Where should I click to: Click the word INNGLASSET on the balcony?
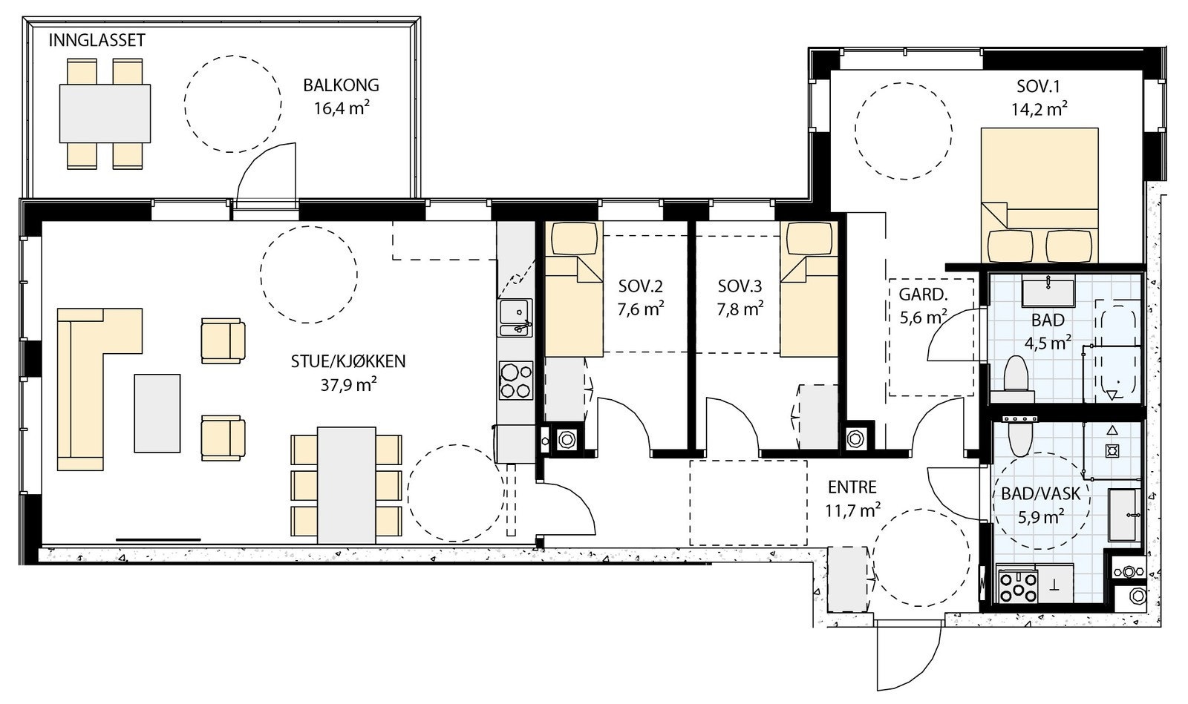pyautogui.click(x=97, y=40)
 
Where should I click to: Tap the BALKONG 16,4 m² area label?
pyautogui.click(x=341, y=96)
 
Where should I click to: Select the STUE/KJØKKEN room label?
pyautogui.click(x=348, y=361)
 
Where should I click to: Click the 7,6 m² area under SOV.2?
pyautogui.click(x=641, y=309)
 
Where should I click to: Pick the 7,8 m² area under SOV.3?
pyautogui.click(x=740, y=309)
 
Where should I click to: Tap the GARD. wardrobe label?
pyautogui.click(x=923, y=294)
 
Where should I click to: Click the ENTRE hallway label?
pyautogui.click(x=852, y=487)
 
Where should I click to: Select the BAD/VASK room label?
pyautogui.click(x=1040, y=494)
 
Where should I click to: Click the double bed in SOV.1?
pyautogui.click(x=1039, y=195)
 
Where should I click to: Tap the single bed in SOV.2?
pyautogui.click(x=574, y=289)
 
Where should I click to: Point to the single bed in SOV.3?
pyautogui.click(x=809, y=289)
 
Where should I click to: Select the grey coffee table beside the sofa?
pyautogui.click(x=157, y=413)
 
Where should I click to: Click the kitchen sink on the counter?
pyautogui.click(x=515, y=318)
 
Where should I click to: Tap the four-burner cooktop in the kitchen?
pyautogui.click(x=515, y=381)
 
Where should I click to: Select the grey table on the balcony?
pyautogui.click(x=105, y=114)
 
